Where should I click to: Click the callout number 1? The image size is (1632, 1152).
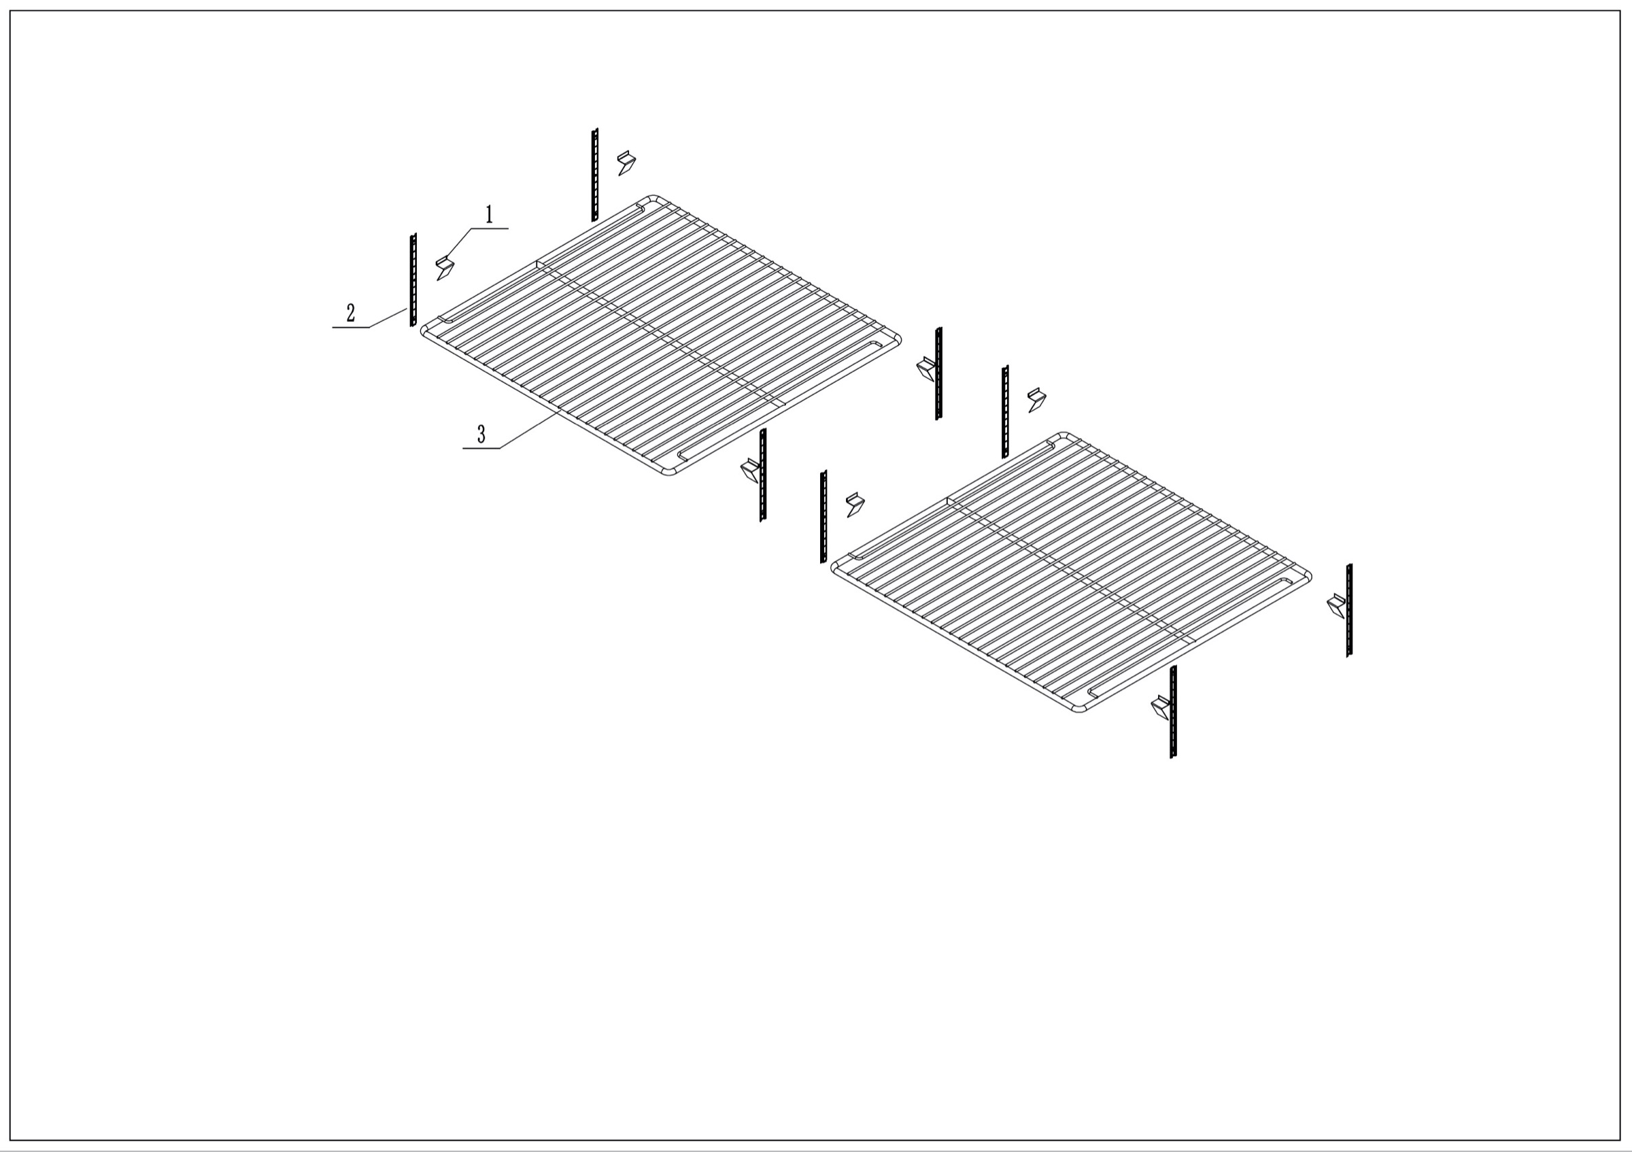(x=489, y=215)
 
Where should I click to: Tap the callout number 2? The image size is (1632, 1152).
(x=350, y=313)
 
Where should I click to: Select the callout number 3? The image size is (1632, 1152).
(x=481, y=433)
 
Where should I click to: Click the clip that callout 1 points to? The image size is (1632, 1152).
(x=445, y=268)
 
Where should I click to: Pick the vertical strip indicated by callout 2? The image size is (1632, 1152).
(x=413, y=280)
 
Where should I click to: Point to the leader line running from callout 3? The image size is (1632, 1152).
(x=530, y=430)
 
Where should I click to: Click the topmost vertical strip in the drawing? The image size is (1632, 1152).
(x=595, y=175)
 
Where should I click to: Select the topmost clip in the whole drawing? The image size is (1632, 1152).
(x=626, y=163)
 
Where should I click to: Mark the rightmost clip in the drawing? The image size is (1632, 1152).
(x=1336, y=606)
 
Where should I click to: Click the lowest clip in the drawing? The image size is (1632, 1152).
(x=1160, y=708)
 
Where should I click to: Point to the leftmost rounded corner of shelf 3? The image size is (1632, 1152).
(x=424, y=331)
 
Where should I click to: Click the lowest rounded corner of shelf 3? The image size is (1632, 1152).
(x=669, y=472)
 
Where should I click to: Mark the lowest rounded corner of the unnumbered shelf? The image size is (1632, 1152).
(x=1079, y=709)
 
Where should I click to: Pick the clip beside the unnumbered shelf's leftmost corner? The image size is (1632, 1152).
(x=855, y=505)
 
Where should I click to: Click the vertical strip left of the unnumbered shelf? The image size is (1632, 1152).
(x=823, y=517)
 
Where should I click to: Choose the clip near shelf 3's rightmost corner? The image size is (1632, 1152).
(x=925, y=369)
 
